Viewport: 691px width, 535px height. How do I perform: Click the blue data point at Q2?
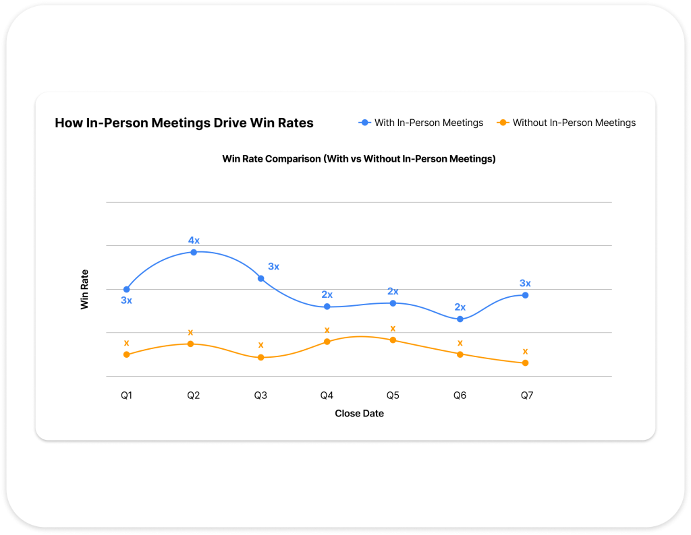(194, 252)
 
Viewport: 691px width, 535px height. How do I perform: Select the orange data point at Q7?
(525, 363)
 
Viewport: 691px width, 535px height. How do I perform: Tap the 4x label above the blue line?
(194, 241)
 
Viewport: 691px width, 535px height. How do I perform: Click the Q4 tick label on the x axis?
(327, 396)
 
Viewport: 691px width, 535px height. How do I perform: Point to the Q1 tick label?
(126, 396)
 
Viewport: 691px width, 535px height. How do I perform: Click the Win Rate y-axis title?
(85, 290)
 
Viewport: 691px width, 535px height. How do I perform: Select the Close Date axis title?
(359, 414)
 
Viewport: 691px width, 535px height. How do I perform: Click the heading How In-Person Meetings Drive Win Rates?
(184, 123)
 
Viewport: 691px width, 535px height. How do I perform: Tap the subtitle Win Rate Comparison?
(359, 159)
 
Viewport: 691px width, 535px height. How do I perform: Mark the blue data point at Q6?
(460, 319)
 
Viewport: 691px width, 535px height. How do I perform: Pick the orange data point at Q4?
(327, 342)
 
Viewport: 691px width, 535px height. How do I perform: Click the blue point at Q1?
(126, 289)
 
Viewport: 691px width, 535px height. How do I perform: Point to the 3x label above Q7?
(525, 284)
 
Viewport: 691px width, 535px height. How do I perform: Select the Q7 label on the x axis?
(527, 396)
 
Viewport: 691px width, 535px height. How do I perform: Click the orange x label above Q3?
(260, 346)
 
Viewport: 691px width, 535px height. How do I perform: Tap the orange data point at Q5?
(393, 340)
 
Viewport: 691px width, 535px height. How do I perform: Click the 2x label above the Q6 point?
(460, 307)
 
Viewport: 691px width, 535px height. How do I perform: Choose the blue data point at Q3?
(260, 278)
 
